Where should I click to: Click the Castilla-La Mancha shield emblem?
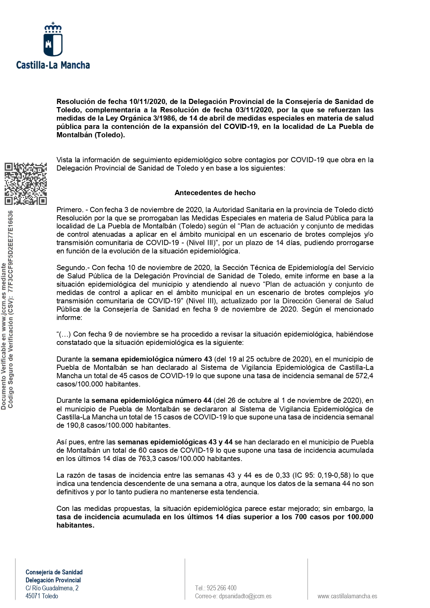[53, 41]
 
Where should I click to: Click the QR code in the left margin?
[26, 183]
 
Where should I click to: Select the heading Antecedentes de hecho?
[215, 193]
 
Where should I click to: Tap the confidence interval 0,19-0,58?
[332, 475]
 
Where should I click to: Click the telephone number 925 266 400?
[221, 588]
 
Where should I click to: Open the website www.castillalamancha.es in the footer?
[347, 596]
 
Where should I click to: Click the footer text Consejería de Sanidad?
[54, 572]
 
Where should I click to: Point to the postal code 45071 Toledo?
[42, 596]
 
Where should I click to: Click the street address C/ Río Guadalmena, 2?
[52, 588]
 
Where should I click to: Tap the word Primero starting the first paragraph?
[70, 210]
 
